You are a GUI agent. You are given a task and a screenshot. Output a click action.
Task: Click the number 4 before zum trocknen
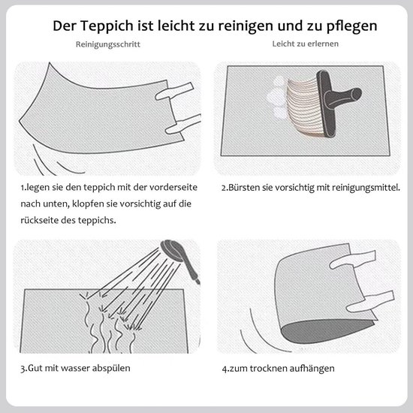pyautogui.click(x=222, y=369)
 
